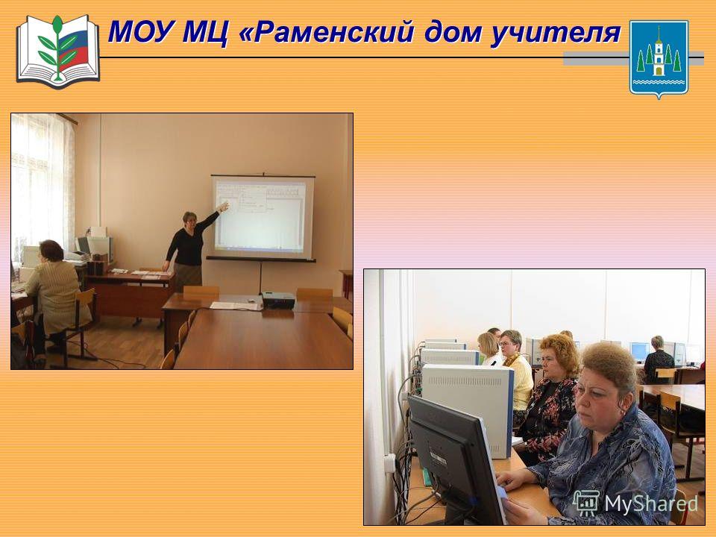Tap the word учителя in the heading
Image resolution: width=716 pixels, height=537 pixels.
(555, 34)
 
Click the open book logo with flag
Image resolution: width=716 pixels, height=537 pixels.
(58, 51)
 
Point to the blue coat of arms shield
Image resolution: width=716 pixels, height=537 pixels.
(659, 58)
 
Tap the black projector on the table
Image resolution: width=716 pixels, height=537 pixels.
(278, 300)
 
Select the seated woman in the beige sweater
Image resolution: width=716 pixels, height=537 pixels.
(54, 297)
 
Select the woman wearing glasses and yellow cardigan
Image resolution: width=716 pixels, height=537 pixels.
(517, 372)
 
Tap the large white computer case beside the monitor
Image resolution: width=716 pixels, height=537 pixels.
(468, 409)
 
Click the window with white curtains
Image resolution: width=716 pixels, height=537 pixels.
(41, 187)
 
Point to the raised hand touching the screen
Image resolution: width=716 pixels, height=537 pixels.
(223, 207)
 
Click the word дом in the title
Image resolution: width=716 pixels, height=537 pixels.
(452, 33)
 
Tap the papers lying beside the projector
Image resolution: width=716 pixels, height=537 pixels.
(235, 306)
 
